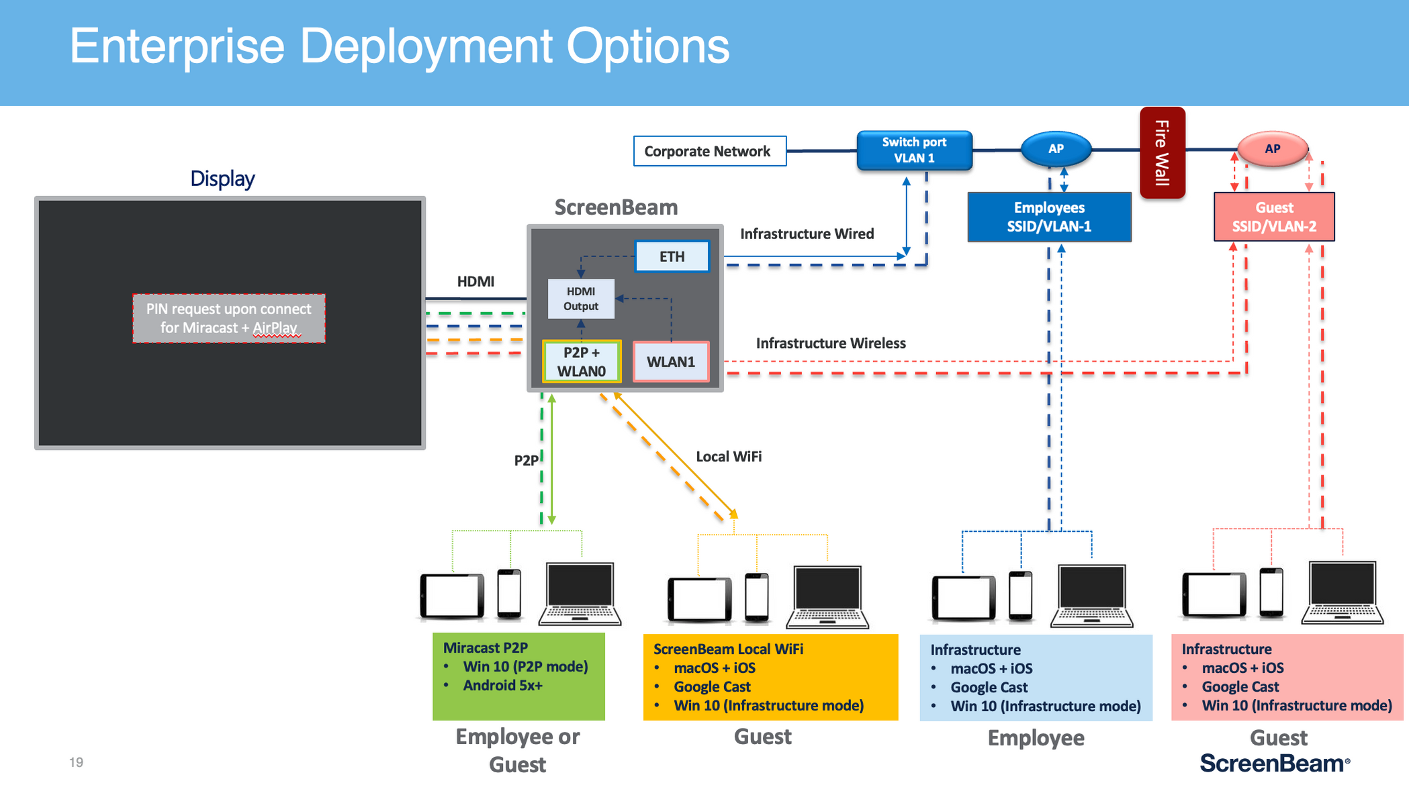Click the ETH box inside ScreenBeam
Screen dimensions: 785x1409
coord(672,257)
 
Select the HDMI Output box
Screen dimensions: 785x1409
coord(581,299)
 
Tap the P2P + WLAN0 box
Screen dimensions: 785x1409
coord(582,361)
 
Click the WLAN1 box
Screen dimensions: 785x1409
coord(671,362)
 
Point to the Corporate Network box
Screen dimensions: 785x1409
coord(709,151)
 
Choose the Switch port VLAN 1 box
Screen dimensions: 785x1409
coord(914,150)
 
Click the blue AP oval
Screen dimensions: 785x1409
coord(1056,149)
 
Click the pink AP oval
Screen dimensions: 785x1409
coord(1272,149)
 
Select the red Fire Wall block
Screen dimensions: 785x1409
coord(1162,152)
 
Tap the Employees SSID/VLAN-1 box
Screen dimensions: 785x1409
coord(1049,217)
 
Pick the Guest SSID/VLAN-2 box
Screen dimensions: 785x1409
coord(1274,217)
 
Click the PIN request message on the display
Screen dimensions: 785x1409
coord(229,318)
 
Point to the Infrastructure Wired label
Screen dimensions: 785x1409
coord(807,234)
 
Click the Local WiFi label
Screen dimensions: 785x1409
coord(729,457)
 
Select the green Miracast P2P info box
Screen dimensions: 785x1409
coord(518,676)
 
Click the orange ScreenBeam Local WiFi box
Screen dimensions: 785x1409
coord(770,677)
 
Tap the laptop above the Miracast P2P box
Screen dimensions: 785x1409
coord(580,594)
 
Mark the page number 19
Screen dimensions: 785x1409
coord(76,762)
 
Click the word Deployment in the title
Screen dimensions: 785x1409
coord(426,46)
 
